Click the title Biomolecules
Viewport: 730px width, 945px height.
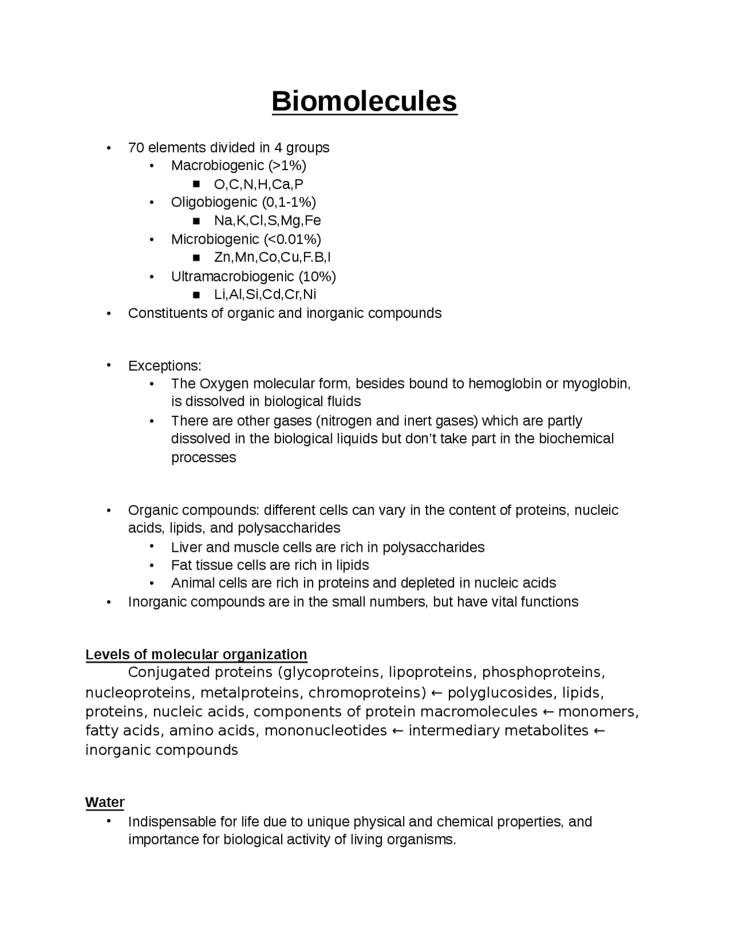tap(364, 102)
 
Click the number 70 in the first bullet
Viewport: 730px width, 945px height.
tap(136, 148)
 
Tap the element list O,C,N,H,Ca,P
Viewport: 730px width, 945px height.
tap(258, 184)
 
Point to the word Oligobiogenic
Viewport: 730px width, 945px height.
tap(214, 203)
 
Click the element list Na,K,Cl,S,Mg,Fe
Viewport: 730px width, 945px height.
tap(267, 221)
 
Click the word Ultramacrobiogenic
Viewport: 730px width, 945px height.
tap(233, 277)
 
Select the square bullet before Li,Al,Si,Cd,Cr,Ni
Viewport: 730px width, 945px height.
tap(197, 295)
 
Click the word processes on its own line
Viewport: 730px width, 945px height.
tap(204, 458)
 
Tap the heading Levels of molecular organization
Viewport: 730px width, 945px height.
tap(196, 655)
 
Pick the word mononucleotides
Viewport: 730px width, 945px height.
tap(326, 731)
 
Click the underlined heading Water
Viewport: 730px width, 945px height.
tap(105, 802)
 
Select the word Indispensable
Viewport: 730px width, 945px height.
tap(172, 822)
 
